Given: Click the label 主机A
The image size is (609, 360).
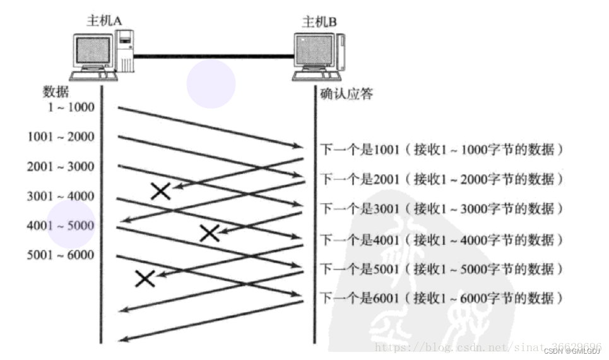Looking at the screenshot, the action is tap(103, 20).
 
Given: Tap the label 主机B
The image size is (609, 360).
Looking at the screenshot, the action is tap(319, 21).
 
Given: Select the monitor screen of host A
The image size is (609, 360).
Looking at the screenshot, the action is tap(93, 50).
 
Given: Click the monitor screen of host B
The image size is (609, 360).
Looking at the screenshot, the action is tap(314, 51).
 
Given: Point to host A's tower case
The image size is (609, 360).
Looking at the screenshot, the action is tap(125, 51).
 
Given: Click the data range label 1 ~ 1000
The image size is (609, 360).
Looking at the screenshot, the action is tap(71, 107).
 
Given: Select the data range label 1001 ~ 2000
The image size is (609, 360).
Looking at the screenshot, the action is tap(61, 136).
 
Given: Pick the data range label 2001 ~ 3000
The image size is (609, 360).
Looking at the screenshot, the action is tap(61, 166).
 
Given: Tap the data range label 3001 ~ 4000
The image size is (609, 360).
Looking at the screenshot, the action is tap(61, 196).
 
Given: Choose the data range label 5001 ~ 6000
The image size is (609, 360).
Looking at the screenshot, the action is tap(61, 255).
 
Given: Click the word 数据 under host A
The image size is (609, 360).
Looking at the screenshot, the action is tap(56, 92).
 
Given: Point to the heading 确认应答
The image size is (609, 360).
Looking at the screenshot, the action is tap(346, 93).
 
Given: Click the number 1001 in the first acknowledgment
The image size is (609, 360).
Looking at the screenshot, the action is tap(386, 149).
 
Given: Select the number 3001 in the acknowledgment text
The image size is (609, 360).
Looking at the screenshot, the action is tap(386, 209).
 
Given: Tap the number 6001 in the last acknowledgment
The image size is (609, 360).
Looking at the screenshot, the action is tap(386, 298).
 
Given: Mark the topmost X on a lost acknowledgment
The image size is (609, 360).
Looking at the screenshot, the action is tap(160, 191).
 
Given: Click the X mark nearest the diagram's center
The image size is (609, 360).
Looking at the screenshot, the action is tap(210, 233).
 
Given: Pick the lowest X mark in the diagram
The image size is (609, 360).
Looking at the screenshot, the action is tap(145, 279).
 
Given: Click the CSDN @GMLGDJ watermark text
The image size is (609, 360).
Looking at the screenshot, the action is tap(572, 351).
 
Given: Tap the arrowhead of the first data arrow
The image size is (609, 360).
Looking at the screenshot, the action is tap(299, 146).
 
